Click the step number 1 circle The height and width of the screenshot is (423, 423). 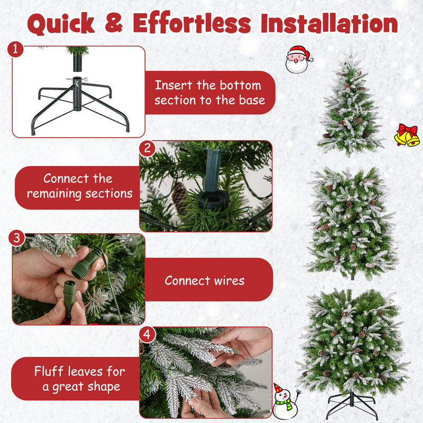(x=16, y=50)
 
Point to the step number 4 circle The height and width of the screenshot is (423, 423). (x=148, y=334)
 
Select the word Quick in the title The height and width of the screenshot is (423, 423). (x=61, y=23)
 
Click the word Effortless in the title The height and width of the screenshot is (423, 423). (x=192, y=23)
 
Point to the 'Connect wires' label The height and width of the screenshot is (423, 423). (x=205, y=280)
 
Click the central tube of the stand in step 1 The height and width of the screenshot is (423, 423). (x=78, y=94)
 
